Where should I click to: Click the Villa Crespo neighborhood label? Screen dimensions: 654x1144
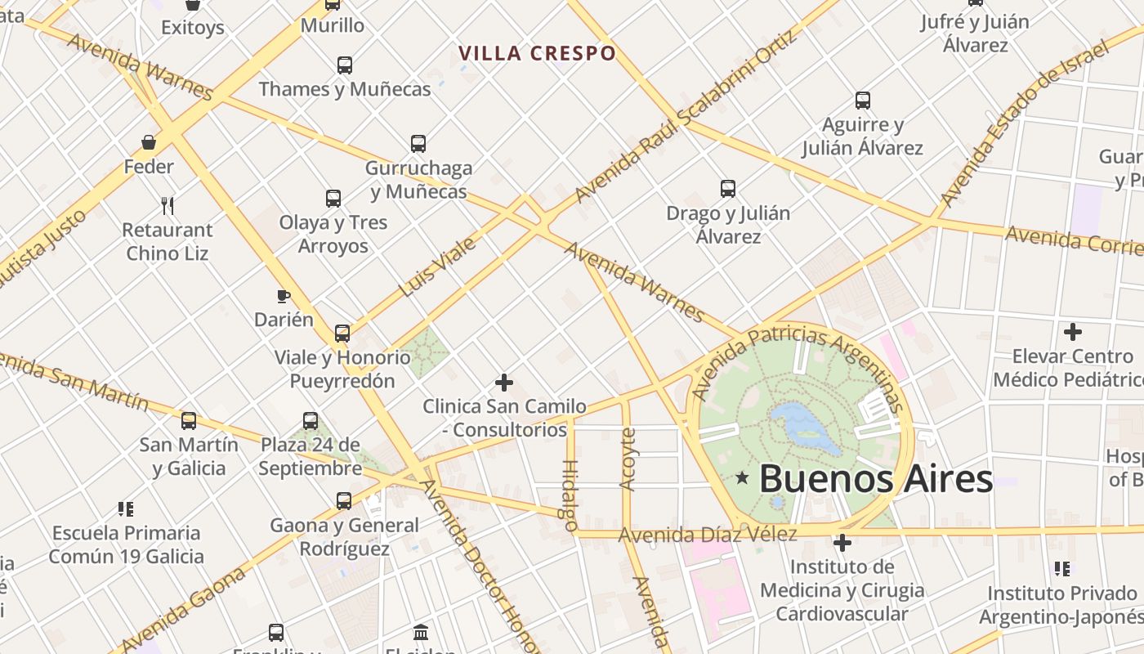click(537, 54)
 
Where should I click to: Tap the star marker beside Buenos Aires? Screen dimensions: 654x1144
click(742, 477)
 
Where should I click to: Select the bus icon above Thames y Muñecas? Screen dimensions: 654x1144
click(345, 65)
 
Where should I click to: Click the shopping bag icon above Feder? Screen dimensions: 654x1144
click(149, 142)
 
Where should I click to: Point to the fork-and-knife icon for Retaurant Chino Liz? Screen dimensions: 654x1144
click(168, 204)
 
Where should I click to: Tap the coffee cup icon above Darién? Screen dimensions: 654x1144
click(284, 295)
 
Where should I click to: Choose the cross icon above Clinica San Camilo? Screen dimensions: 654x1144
click(504, 382)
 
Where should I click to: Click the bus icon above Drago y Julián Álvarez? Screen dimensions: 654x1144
click(728, 189)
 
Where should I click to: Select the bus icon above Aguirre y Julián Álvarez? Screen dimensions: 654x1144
click(863, 101)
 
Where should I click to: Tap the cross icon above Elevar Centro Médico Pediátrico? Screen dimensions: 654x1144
click(1073, 332)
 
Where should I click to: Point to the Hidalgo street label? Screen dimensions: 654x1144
click(569, 495)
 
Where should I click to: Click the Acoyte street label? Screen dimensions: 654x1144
click(628, 459)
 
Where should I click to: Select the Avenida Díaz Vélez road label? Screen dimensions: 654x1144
click(707, 535)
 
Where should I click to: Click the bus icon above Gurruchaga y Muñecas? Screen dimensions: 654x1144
click(418, 144)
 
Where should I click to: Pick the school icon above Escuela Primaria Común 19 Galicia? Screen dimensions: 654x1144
click(125, 509)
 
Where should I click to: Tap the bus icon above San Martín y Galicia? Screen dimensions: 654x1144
click(189, 421)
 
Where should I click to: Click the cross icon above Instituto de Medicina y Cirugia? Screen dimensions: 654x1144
click(842, 542)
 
